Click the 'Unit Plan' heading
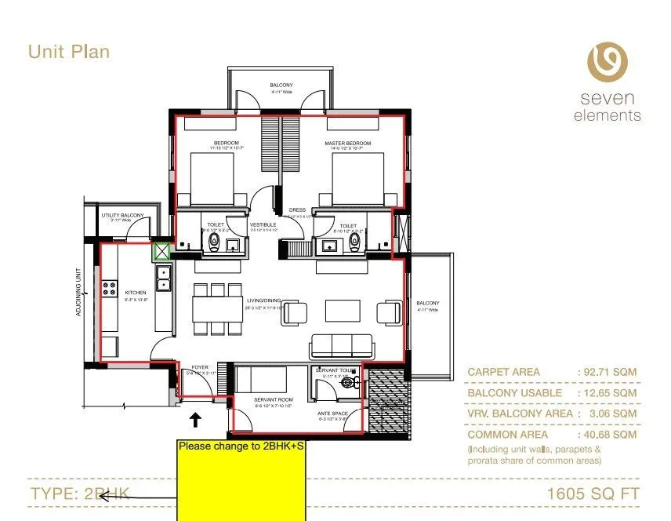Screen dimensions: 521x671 pos(69,52)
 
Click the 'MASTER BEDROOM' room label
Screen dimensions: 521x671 pos(348,144)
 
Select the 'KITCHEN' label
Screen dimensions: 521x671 pos(136,293)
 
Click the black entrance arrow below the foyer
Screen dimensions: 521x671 pos(195,421)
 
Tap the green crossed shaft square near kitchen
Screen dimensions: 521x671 pos(162,252)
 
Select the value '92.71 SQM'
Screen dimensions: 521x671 pos(608,372)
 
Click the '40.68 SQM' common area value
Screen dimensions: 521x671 pos(608,434)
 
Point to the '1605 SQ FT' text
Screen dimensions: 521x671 pos(593,494)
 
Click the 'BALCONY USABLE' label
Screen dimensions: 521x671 pos(514,393)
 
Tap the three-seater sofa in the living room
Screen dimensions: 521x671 pos(341,345)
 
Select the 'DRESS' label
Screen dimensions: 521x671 pos(297,210)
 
